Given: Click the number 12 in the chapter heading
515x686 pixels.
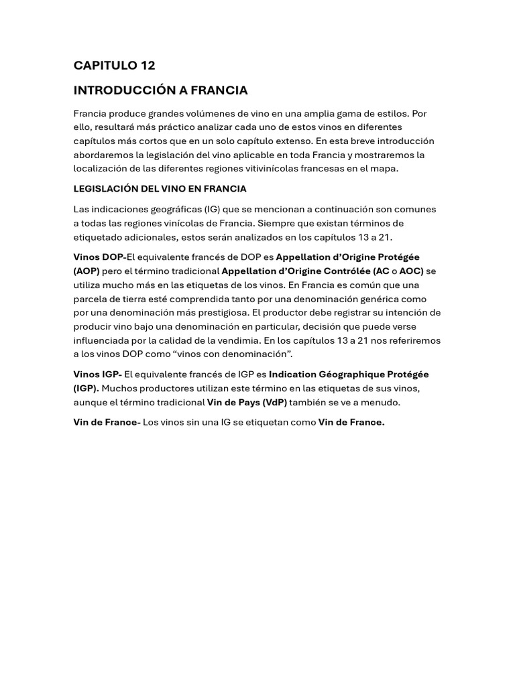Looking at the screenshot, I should (x=148, y=66).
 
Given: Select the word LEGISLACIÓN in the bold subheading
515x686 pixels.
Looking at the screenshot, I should (x=102, y=189).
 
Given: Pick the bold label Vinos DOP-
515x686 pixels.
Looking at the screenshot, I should (x=100, y=257).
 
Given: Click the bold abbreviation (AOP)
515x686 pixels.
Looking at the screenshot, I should (x=87, y=271).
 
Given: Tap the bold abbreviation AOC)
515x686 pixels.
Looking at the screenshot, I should (x=412, y=271).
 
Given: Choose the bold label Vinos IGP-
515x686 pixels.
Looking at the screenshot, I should (x=98, y=374).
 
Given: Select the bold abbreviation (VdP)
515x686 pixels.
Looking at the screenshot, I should (x=274, y=402).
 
